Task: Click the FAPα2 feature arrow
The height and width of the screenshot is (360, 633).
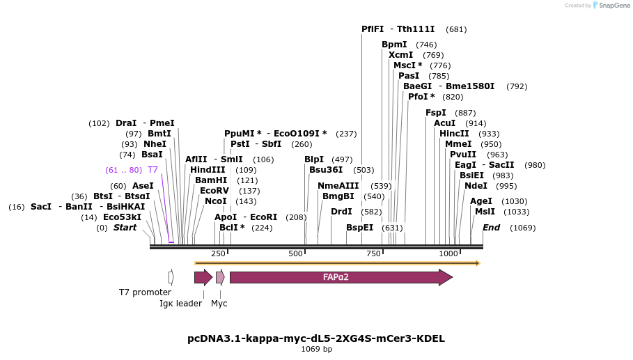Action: (x=341, y=277)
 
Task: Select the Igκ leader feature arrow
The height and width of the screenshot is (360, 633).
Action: (x=203, y=277)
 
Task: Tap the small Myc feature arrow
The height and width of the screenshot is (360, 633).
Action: (x=220, y=277)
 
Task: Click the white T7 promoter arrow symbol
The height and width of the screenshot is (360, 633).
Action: (x=171, y=277)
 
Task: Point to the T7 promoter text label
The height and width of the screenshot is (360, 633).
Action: (x=145, y=292)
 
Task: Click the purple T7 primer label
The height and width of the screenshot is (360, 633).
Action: (x=153, y=170)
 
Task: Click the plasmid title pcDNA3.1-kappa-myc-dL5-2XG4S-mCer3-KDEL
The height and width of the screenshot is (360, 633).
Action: (x=316, y=338)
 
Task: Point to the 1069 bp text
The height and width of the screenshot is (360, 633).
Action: (x=316, y=350)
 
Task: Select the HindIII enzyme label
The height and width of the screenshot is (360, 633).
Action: (x=208, y=170)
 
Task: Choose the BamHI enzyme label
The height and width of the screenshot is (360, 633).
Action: (x=211, y=180)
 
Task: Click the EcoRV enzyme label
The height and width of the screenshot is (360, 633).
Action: (x=214, y=191)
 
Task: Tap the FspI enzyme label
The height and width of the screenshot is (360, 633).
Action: (x=436, y=113)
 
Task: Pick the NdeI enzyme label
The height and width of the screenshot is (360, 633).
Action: (x=476, y=186)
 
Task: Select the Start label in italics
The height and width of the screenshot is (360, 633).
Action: (x=125, y=228)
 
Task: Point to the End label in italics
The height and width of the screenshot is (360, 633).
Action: (x=492, y=228)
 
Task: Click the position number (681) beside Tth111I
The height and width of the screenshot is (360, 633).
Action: (x=456, y=29)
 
